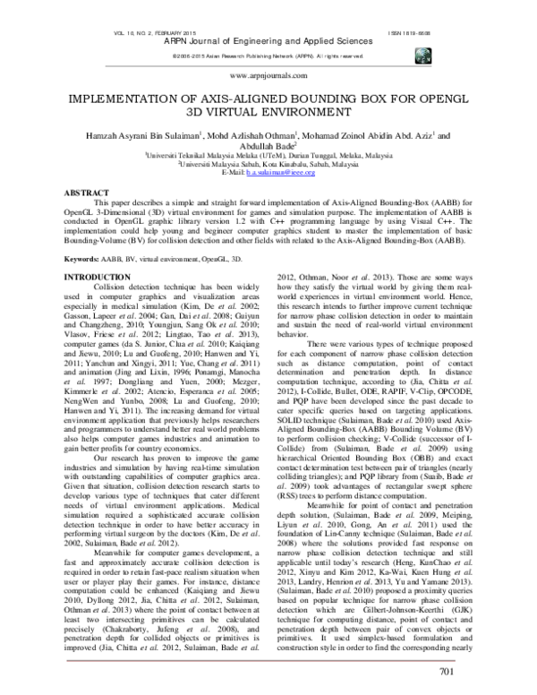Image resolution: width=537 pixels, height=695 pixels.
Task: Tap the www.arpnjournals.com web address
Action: coord(268,78)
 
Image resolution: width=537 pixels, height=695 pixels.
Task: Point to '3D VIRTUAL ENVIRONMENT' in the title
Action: coord(268,115)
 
